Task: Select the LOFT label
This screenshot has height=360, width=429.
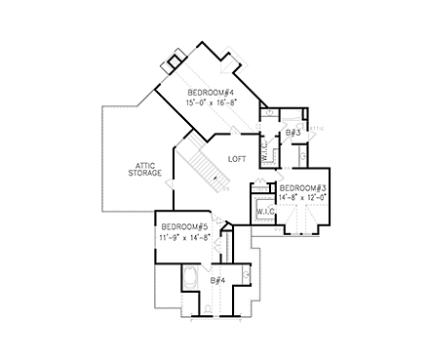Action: pyautogui.click(x=237, y=158)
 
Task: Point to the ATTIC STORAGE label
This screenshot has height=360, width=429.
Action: pyautogui.click(x=145, y=168)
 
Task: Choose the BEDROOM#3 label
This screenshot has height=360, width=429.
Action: pyautogui.click(x=303, y=187)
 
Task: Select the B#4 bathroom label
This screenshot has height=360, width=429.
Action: pyautogui.click(x=217, y=281)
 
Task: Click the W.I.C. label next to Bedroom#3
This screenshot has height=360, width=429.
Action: pyautogui.click(x=264, y=211)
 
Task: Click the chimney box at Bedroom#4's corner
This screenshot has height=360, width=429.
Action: pyautogui.click(x=175, y=60)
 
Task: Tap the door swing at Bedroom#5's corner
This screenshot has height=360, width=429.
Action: pyautogui.click(x=223, y=232)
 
